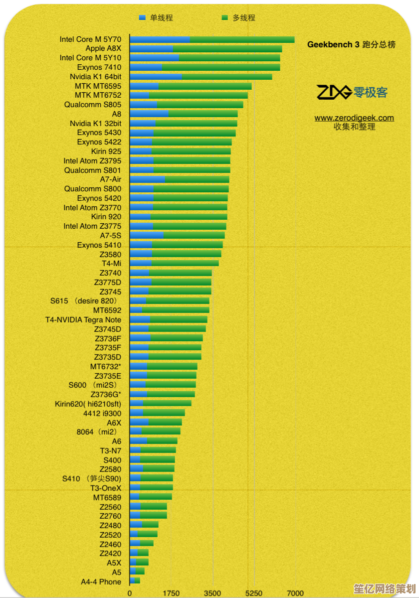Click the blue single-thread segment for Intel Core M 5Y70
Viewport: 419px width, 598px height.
coord(160,39)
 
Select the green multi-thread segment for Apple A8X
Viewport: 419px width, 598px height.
coord(227,49)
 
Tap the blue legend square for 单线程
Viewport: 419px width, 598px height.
coord(142,18)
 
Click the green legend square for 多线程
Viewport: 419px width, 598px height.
coord(224,18)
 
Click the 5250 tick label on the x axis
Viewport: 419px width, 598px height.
coord(254,593)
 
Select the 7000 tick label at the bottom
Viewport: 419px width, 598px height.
coord(295,593)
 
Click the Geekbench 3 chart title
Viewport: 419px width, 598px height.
coord(351,44)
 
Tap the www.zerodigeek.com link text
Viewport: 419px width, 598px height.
coord(354,118)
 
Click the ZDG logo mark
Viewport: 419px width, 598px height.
coord(334,92)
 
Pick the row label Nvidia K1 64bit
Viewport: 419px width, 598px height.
coord(95,77)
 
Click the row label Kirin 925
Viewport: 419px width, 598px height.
coord(106,151)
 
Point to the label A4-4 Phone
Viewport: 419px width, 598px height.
coord(101,582)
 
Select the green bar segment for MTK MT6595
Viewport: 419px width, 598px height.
coord(205,86)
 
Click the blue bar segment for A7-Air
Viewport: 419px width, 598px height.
coord(147,179)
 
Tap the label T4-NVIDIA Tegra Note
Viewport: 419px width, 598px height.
coord(83,319)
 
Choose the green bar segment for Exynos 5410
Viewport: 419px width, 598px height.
coord(188,245)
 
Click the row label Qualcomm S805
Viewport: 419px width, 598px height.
coord(93,105)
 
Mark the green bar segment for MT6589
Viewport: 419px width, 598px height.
coord(156,497)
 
